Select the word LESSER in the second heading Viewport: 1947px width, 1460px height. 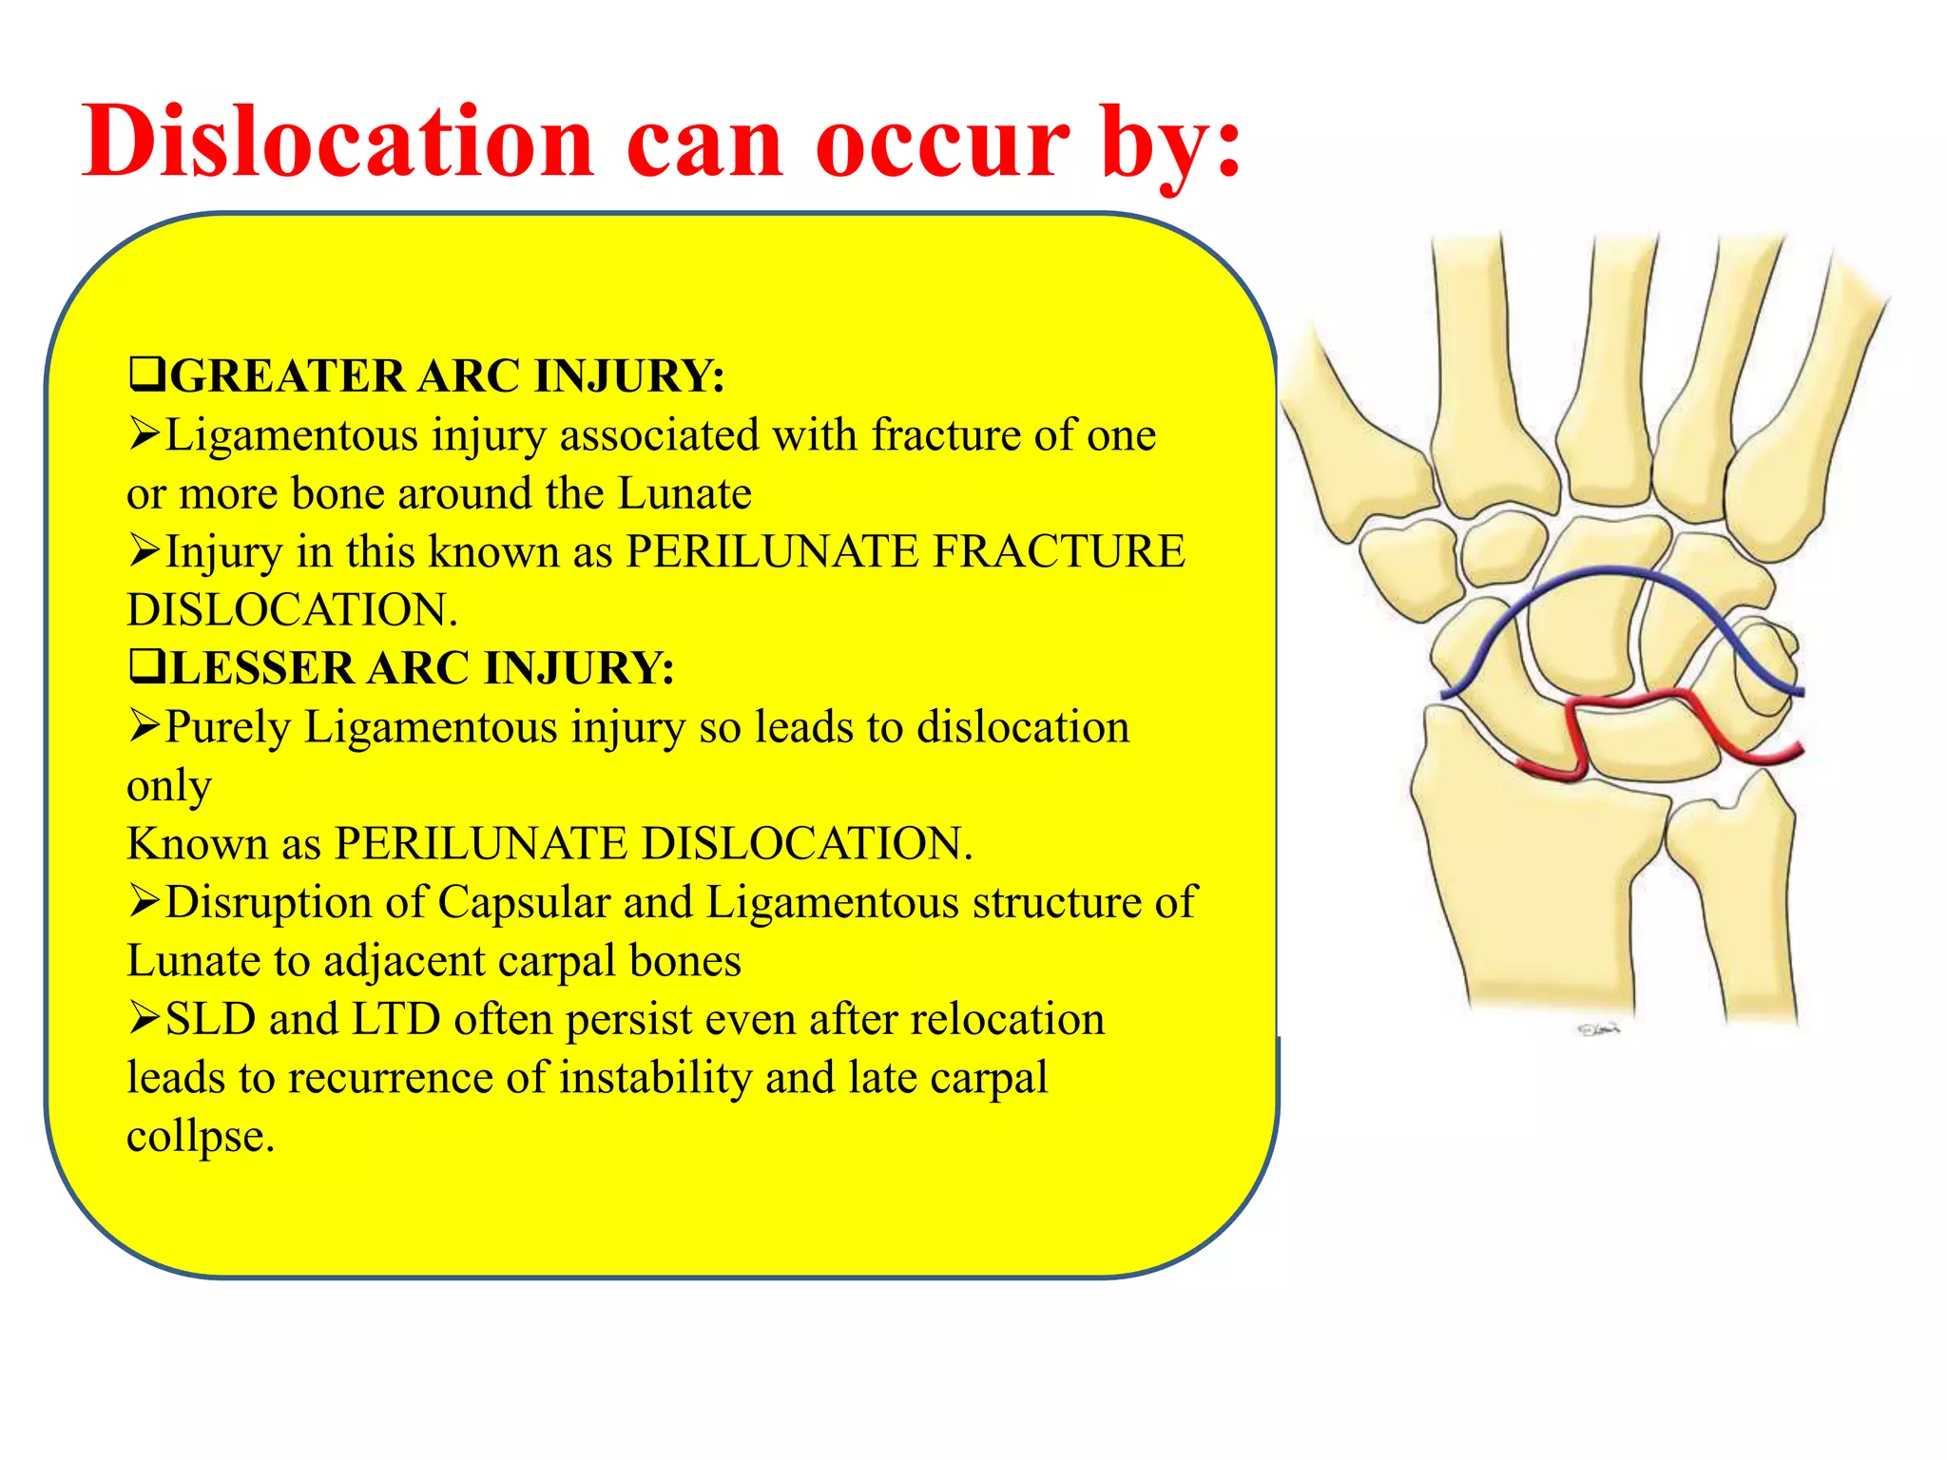[261, 668]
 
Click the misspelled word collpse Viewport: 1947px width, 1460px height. [200, 1137]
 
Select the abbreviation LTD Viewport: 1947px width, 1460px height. [395, 1020]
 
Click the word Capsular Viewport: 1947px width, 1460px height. [523, 903]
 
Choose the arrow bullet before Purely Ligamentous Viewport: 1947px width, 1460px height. [145, 727]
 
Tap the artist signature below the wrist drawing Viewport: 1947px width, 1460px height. [1598, 1029]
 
